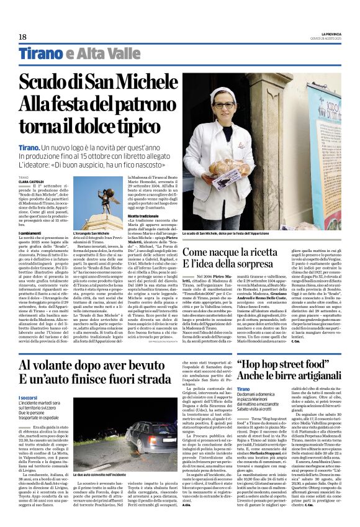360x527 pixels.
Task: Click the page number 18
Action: coord(23,37)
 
